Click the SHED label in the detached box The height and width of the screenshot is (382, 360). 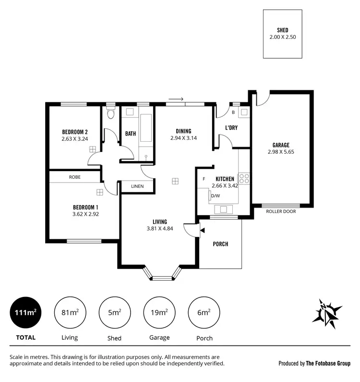pos(282,29)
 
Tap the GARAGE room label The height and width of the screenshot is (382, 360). pos(281,145)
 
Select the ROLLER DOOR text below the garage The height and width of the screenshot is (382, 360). pos(281,211)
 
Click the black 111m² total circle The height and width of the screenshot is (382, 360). pos(25,312)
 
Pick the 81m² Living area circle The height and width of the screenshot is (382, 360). pos(70,312)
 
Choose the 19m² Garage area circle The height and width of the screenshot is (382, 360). pos(159,312)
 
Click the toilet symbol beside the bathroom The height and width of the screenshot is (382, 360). pos(111,114)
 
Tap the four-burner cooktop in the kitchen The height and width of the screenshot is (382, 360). pos(244,178)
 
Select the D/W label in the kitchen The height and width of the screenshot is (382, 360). pos(216,196)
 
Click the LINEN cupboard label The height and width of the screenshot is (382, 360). pos(137,186)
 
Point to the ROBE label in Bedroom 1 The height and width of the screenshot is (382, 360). pos(74,177)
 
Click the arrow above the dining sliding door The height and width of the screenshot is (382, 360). pos(176,99)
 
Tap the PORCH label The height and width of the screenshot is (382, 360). pos(221,244)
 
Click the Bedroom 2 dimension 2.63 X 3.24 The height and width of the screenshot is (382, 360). pos(74,139)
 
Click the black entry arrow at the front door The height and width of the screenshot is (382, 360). pos(202,231)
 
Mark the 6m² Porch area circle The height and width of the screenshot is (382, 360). pos(204,312)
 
